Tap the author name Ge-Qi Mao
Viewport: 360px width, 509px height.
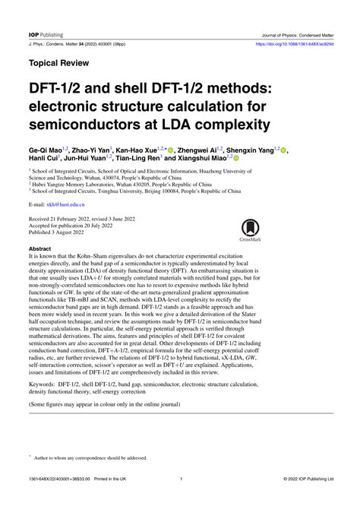(x=51, y=151)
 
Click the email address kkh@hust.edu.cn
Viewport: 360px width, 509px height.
(x=67, y=205)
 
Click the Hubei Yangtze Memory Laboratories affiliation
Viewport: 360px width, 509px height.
(x=113, y=184)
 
